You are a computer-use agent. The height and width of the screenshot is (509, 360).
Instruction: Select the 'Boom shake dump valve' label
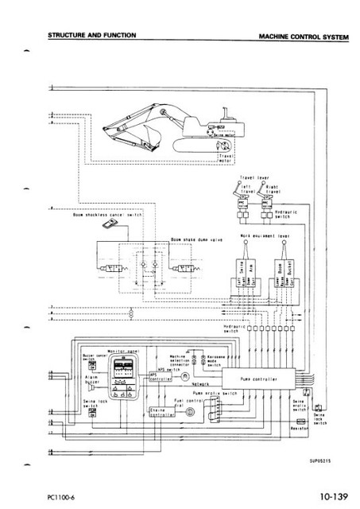click(x=188, y=237)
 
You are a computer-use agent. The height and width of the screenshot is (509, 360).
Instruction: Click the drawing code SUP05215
click(x=322, y=460)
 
